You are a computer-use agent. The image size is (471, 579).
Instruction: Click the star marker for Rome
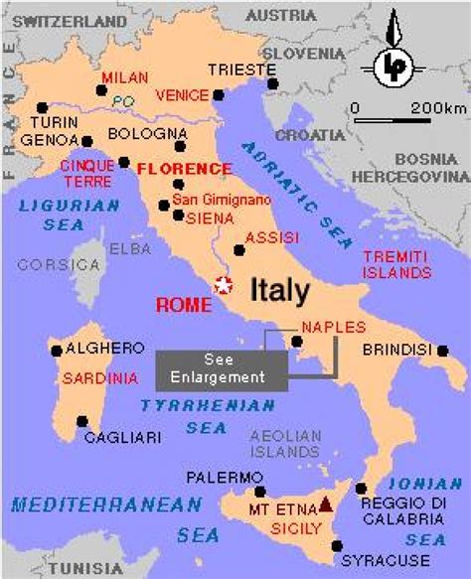pyautogui.click(x=225, y=286)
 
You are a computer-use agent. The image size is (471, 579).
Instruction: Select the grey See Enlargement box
pyautogui.click(x=221, y=368)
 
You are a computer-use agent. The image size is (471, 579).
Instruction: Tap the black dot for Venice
pyautogui.click(x=218, y=96)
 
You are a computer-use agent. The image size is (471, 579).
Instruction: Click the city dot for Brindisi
pyautogui.click(x=439, y=350)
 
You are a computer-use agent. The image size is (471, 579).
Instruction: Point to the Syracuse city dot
pyautogui.click(x=338, y=545)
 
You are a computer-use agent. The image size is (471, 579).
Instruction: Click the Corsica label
pyautogui.click(x=46, y=264)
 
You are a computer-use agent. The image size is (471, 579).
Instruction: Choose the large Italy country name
pyautogui.click(x=279, y=290)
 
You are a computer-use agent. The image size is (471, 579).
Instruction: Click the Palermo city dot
pyautogui.click(x=260, y=491)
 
